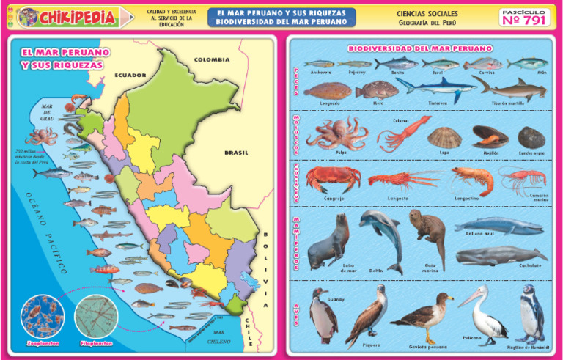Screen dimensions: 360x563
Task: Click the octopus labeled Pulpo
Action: click(x=334, y=133)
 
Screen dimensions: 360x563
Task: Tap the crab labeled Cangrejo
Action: click(x=333, y=178)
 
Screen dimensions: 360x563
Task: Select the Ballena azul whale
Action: click(x=498, y=225)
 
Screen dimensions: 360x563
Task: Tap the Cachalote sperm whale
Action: click(x=500, y=256)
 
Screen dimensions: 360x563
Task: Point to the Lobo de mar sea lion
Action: click(x=328, y=243)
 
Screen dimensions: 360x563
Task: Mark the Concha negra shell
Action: click(x=531, y=137)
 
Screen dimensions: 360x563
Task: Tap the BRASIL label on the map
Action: click(x=236, y=153)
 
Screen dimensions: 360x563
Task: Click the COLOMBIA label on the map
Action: click(x=212, y=59)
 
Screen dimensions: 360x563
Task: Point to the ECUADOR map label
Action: click(x=130, y=75)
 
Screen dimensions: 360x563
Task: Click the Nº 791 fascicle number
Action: click(x=523, y=20)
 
